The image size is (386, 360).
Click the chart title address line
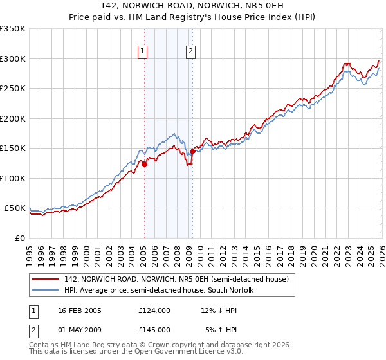pyautogui.click(x=193, y=5)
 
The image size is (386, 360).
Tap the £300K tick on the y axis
pyautogui.click(x=13, y=59)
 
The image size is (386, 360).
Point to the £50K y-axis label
pyautogui.click(x=15, y=208)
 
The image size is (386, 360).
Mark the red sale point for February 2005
pyautogui.click(x=144, y=164)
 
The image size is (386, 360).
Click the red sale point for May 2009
pyautogui.click(x=192, y=152)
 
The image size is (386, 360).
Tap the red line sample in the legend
pyautogui.click(x=46, y=279)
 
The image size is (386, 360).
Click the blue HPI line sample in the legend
pyautogui.click(x=46, y=290)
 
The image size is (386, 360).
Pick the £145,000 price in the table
pyautogui.click(x=154, y=329)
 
